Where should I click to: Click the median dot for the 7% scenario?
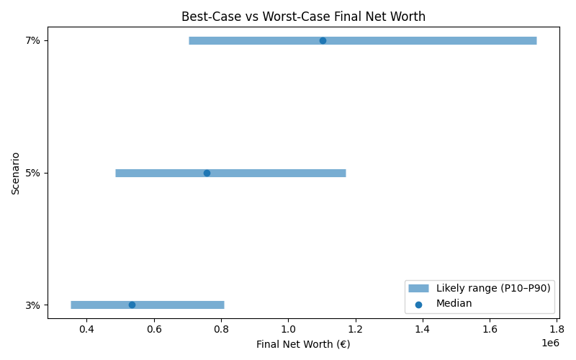point(323,40)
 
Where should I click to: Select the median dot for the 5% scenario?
point(207,173)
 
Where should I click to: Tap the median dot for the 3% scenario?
point(132,305)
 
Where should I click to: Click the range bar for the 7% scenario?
point(432,40)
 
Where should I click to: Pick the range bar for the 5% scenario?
point(288,173)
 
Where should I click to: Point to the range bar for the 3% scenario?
point(187,305)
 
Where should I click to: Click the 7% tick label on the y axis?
point(33,40)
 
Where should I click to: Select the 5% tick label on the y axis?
point(33,173)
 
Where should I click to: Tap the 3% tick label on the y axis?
point(33,305)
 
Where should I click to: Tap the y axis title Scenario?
point(15,173)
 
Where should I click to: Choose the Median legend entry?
point(454,303)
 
